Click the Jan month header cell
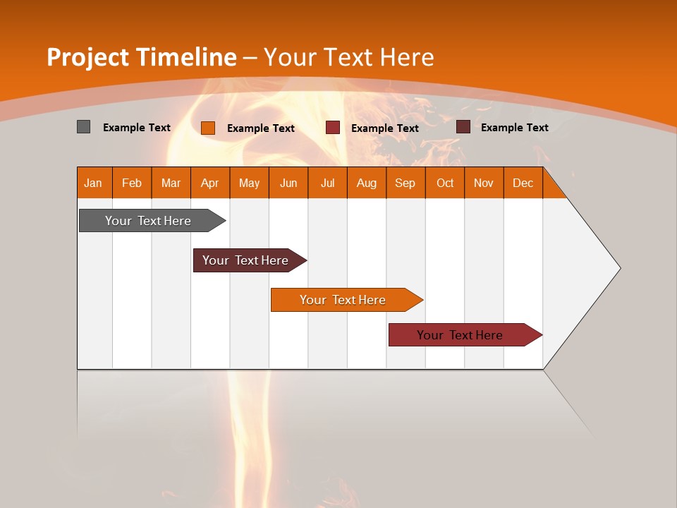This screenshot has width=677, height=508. point(94,183)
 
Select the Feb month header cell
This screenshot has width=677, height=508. point(132,183)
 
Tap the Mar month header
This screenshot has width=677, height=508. point(171,183)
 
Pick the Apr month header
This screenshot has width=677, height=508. point(210,183)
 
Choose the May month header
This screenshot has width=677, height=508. point(249,183)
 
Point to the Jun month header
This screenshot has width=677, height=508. point(288,183)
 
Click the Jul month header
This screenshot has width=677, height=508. point(327,183)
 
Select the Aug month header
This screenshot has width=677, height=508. point(367,183)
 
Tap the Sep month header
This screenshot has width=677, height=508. point(405,183)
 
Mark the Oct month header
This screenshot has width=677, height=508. point(445,183)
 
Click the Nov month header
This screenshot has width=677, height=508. point(484,183)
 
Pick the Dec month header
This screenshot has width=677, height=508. point(523,183)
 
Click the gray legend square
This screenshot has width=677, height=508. point(83,127)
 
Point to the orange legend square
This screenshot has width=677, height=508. point(208,128)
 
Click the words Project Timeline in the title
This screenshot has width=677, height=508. point(141,57)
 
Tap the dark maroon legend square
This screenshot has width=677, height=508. point(463,127)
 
